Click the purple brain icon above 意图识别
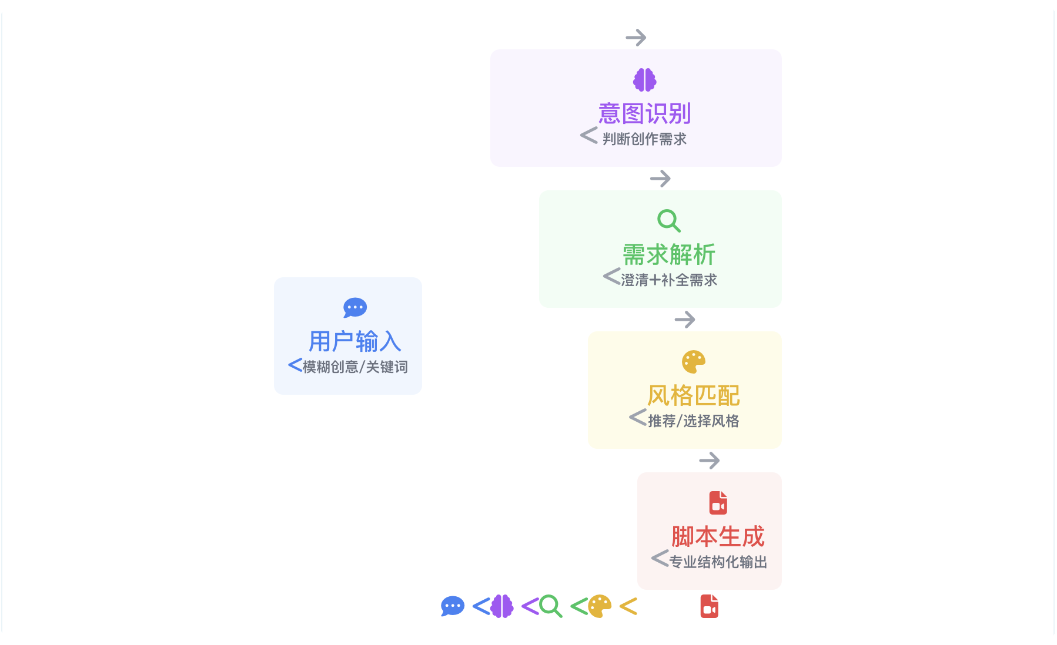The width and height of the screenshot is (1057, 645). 644,80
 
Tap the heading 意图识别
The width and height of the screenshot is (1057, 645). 644,113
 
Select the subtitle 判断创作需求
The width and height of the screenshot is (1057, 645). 644,139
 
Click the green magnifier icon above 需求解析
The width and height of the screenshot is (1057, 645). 668,221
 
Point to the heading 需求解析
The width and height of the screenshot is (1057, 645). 668,254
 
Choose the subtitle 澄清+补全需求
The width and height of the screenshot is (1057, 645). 669,280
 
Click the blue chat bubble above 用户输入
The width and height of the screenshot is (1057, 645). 355,308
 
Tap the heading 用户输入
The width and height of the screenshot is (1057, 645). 355,341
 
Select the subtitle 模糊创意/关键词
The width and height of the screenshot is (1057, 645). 355,367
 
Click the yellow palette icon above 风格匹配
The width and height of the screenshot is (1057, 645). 693,362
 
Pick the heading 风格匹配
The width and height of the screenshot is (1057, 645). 693,395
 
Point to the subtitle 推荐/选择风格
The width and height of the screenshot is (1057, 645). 693,421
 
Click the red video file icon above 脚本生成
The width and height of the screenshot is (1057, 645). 718,503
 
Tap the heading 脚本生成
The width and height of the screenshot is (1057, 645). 718,536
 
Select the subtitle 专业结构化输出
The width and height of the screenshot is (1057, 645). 718,562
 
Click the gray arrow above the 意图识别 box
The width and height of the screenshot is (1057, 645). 635,38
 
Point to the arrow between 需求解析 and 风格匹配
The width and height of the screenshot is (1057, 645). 684,320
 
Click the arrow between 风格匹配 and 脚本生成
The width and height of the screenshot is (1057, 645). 709,461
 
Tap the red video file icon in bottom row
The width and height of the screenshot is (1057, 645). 709,606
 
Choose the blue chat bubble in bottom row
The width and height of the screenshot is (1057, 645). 453,606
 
